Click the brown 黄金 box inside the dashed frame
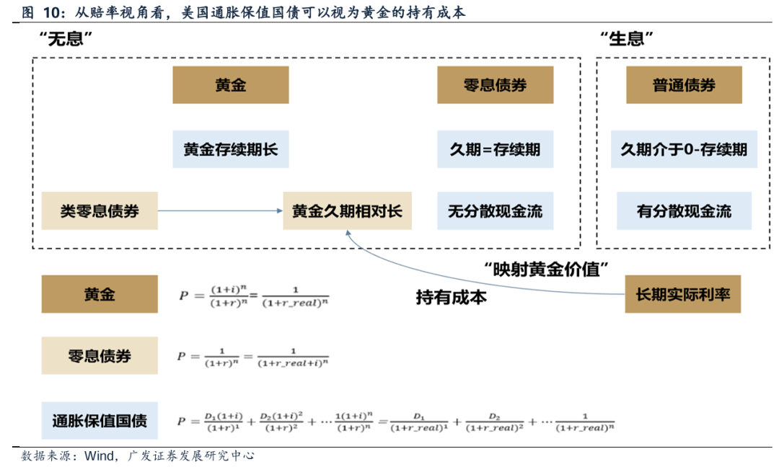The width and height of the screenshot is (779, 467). [230, 85]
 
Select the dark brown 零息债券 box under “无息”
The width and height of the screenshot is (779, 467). [495, 85]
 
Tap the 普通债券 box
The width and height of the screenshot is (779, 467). [684, 85]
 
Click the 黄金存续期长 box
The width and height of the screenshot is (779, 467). [230, 149]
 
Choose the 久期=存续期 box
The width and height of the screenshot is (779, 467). [495, 149]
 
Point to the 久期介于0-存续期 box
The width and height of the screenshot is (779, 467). [684, 149]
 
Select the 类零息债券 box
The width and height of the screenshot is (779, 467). [100, 210]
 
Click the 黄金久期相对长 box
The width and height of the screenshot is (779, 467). [347, 210]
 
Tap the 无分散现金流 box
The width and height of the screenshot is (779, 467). [495, 210]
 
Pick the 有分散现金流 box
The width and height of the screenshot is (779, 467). [684, 210]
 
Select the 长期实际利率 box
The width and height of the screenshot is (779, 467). [682, 295]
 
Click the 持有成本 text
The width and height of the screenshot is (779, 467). [452, 297]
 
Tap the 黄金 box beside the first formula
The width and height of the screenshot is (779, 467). [100, 295]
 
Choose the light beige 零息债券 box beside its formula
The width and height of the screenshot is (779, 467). [100, 356]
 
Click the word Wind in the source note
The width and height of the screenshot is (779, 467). [100, 455]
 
